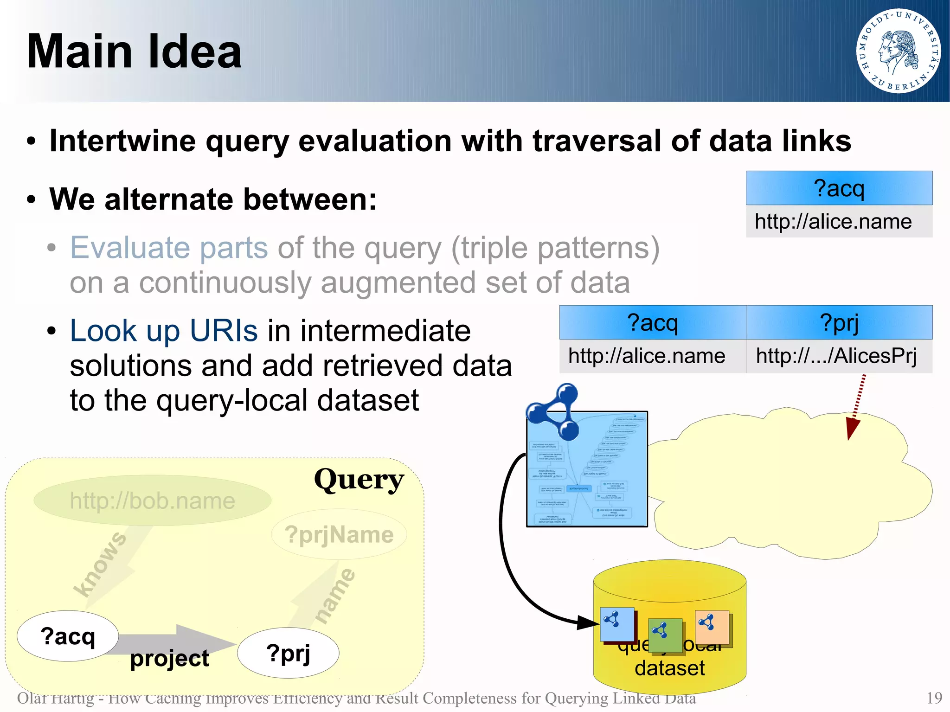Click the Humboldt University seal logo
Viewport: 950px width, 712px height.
click(898, 51)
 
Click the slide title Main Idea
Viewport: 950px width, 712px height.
click(134, 51)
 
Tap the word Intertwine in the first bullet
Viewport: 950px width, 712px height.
click(122, 141)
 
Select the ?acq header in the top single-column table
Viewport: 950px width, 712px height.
click(839, 188)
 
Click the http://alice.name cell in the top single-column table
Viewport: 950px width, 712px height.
click(833, 222)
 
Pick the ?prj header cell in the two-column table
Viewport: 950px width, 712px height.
click(839, 322)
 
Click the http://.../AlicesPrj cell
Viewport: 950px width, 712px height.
click(836, 356)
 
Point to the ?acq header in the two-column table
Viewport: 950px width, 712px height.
click(652, 322)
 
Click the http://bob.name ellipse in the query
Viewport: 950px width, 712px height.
click(152, 500)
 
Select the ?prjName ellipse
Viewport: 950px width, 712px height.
click(339, 534)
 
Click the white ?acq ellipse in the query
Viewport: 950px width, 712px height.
click(68, 636)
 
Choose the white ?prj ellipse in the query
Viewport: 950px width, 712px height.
click(288, 653)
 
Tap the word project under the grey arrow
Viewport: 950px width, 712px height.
click(169, 658)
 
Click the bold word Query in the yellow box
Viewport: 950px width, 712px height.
click(359, 480)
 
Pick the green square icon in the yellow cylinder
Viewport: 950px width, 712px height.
click(665, 635)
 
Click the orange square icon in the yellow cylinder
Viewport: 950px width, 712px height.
click(712, 627)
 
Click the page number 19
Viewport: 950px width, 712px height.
click(934, 698)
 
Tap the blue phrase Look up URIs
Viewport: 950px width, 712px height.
click(163, 331)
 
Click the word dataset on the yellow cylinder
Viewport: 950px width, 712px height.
click(669, 668)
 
